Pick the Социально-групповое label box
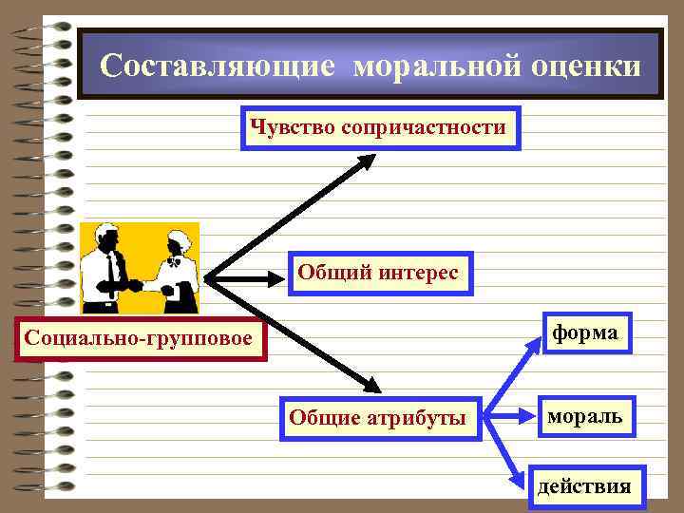[139, 337]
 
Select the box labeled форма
[587, 333]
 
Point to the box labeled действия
[584, 487]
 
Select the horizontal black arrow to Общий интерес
[247, 279]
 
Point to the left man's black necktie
[112, 271]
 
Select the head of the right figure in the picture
[177, 241]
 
